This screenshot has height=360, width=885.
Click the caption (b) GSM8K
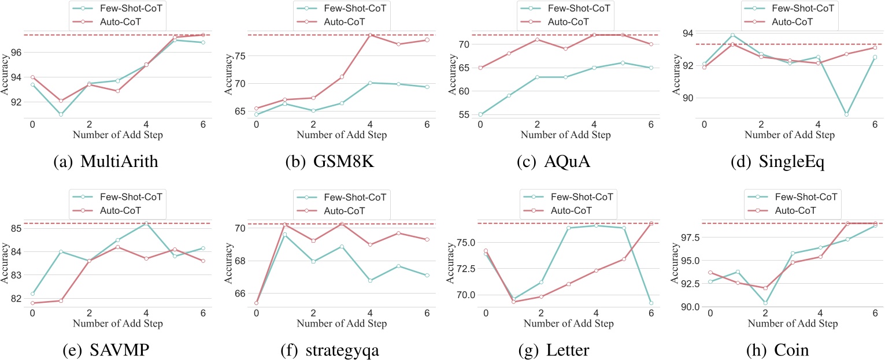331,161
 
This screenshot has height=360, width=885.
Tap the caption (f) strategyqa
331,348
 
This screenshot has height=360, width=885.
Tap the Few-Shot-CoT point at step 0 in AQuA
480,114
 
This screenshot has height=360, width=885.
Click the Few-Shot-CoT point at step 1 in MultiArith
61,114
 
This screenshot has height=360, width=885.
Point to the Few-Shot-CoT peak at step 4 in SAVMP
145,223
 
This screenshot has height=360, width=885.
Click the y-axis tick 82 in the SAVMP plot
16,299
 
